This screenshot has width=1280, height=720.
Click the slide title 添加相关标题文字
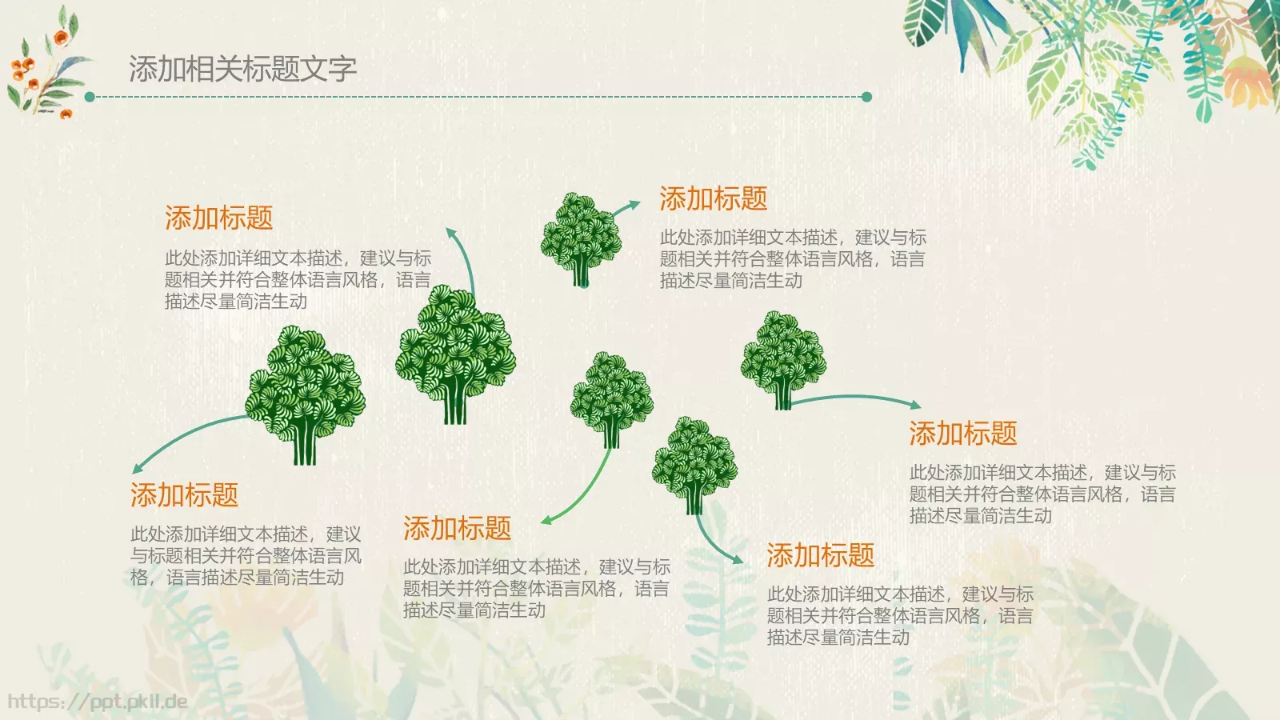tap(242, 70)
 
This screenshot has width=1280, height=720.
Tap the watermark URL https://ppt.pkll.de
tap(98, 702)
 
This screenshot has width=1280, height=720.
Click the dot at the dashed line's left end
tap(90, 97)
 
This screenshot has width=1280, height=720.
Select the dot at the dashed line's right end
tap(866, 97)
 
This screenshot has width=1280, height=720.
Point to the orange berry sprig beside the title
tap(44, 72)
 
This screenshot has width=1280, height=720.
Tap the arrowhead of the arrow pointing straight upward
tap(451, 233)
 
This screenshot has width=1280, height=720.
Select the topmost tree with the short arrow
tap(580, 238)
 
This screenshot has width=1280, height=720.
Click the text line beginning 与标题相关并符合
tap(246, 556)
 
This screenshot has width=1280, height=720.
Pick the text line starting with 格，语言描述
tap(237, 578)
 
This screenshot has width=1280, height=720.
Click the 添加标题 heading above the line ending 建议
tap(184, 495)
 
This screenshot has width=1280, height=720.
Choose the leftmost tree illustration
tap(305, 393)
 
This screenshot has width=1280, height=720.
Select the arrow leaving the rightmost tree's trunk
tap(856, 398)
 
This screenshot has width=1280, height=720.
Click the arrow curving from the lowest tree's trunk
tap(714, 544)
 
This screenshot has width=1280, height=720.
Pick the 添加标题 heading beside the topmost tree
tap(713, 199)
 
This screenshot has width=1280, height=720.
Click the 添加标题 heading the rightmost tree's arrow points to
tap(962, 434)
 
